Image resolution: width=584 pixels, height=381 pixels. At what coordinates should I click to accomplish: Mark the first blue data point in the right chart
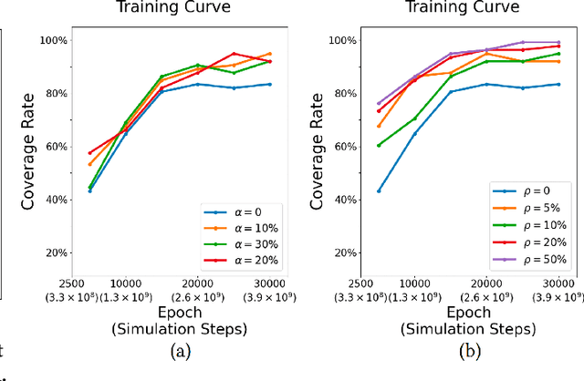coord(379,190)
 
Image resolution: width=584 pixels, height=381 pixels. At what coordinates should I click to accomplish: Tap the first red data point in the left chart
coord(89,153)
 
